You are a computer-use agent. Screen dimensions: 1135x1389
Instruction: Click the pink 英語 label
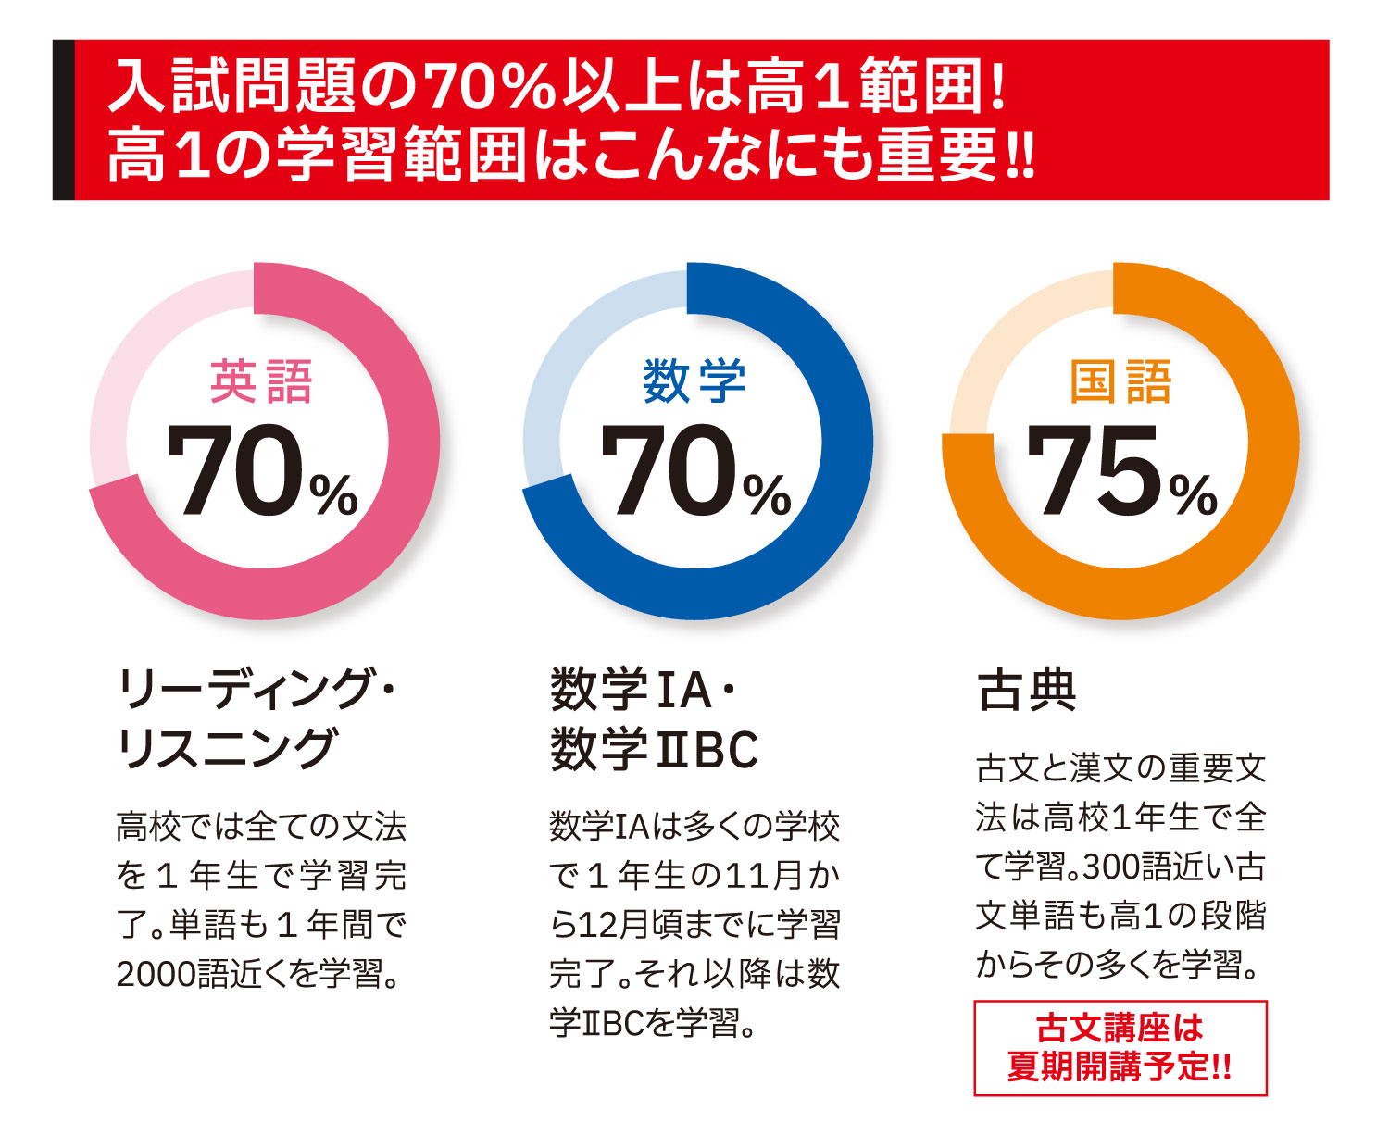[x=261, y=382]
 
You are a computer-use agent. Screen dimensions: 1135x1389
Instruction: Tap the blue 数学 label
[x=694, y=382]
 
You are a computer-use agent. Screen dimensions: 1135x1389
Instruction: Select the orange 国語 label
[x=1120, y=382]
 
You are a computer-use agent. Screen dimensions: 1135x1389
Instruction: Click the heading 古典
[x=1027, y=691]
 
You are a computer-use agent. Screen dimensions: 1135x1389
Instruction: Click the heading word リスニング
[x=225, y=749]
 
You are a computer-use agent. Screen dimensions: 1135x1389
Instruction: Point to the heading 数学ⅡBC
[x=654, y=749]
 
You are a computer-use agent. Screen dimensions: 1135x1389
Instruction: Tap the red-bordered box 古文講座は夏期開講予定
[x=1120, y=1048]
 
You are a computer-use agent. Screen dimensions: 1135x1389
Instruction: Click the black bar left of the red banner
[x=63, y=119]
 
